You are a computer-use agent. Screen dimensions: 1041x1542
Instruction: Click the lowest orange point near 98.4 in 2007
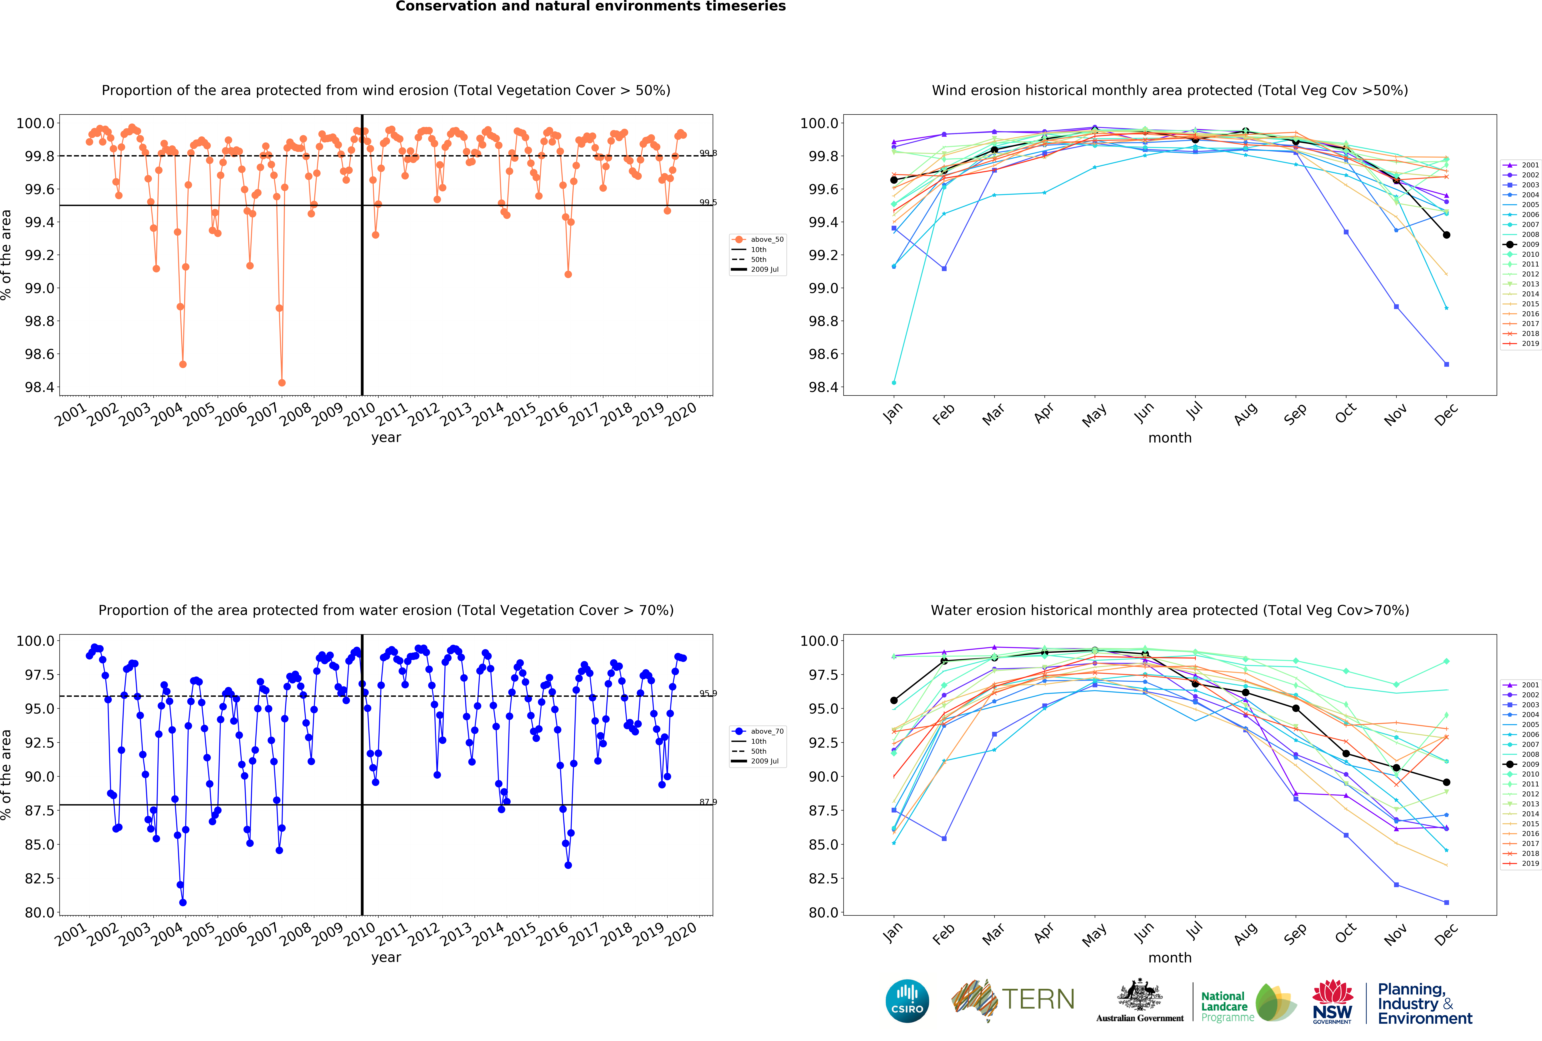(x=282, y=383)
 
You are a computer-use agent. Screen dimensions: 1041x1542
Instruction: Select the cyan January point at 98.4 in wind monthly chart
(x=894, y=383)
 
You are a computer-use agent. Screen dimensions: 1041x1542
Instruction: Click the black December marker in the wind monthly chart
(x=1446, y=235)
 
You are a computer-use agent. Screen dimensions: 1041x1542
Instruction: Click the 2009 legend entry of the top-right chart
(x=1524, y=244)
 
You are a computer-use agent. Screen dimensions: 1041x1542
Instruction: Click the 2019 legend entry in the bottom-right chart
(x=1524, y=863)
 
